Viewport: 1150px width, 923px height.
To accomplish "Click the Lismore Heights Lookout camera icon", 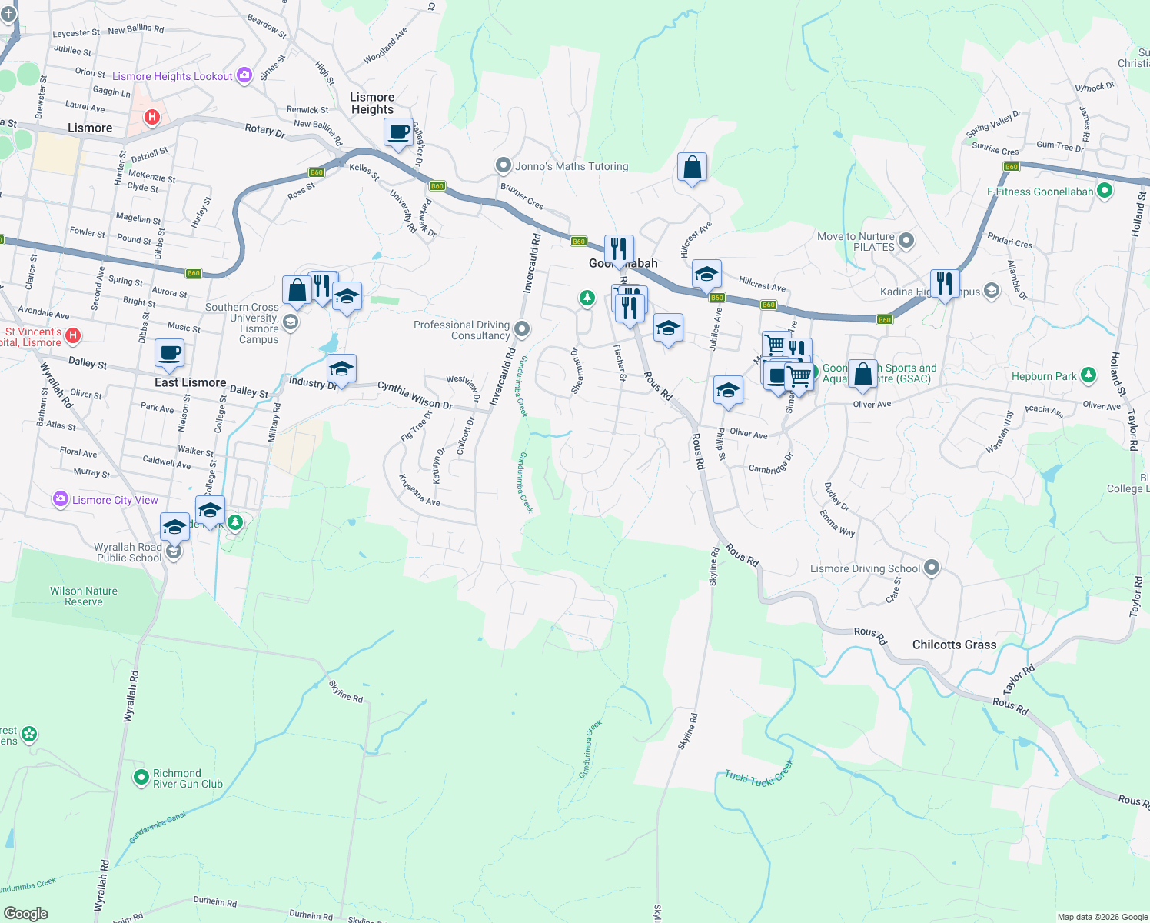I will [244, 75].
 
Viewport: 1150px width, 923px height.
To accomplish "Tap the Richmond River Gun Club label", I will [188, 778].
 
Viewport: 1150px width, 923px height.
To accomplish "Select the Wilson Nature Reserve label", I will [84, 596].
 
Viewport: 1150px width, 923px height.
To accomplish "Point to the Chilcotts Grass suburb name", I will [954, 645].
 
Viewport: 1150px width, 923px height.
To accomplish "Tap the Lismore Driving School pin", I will [932, 568].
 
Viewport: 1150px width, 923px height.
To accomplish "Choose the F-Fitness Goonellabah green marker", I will [1104, 191].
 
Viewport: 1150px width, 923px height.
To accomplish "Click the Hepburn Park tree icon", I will [1088, 375].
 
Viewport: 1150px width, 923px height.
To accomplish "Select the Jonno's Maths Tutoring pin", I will [504, 165].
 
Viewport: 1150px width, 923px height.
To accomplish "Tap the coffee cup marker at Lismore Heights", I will [398, 132].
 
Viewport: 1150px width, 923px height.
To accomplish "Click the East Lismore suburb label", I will [190, 382].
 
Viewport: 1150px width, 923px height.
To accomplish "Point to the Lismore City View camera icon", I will [61, 500].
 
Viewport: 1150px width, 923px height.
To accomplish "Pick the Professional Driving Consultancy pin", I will [522, 330].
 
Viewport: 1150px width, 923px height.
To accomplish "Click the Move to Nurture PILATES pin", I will [906, 241].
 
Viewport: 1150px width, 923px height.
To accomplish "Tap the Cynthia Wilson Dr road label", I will [414, 395].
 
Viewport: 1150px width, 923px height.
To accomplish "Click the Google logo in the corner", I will [25, 914].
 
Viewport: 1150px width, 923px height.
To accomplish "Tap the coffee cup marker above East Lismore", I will [169, 354].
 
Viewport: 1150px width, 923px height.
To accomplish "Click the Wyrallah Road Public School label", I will [128, 552].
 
